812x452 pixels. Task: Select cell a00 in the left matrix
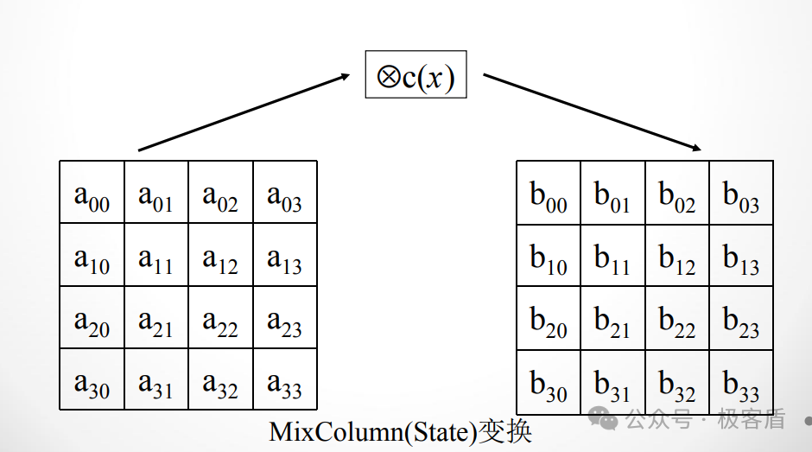pos(92,194)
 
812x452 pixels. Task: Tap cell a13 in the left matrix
pos(284,257)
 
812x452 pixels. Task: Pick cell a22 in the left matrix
pos(220,319)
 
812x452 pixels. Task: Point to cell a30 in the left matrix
pos(92,381)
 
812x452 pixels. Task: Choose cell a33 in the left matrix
pos(284,381)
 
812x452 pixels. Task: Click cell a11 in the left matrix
pos(155,257)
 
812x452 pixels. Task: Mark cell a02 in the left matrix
pos(220,194)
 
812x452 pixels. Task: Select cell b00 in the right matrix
pos(549,194)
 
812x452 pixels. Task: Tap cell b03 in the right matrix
pos(741,194)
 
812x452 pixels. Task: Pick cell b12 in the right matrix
pos(677,257)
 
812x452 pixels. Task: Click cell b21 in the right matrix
pos(612,320)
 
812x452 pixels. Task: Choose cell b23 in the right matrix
pos(741,320)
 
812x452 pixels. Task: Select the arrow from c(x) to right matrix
pos(592,111)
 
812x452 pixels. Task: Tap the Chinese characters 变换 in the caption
pos(504,432)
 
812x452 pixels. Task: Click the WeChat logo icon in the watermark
pos(603,420)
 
